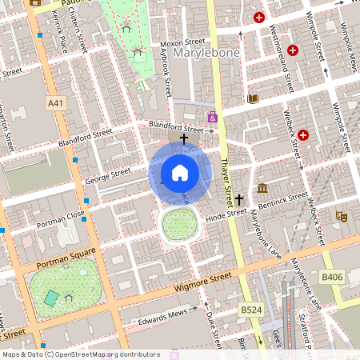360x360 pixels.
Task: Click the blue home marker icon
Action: point(180,173)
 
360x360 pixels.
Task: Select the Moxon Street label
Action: point(182,42)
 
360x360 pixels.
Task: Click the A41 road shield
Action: point(55,103)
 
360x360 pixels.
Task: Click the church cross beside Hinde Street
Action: point(238,198)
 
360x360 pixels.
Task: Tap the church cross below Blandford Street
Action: point(184,139)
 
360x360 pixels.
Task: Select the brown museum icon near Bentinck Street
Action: point(263,189)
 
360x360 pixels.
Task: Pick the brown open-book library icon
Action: point(254,98)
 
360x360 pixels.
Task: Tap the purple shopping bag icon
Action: point(212,118)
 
